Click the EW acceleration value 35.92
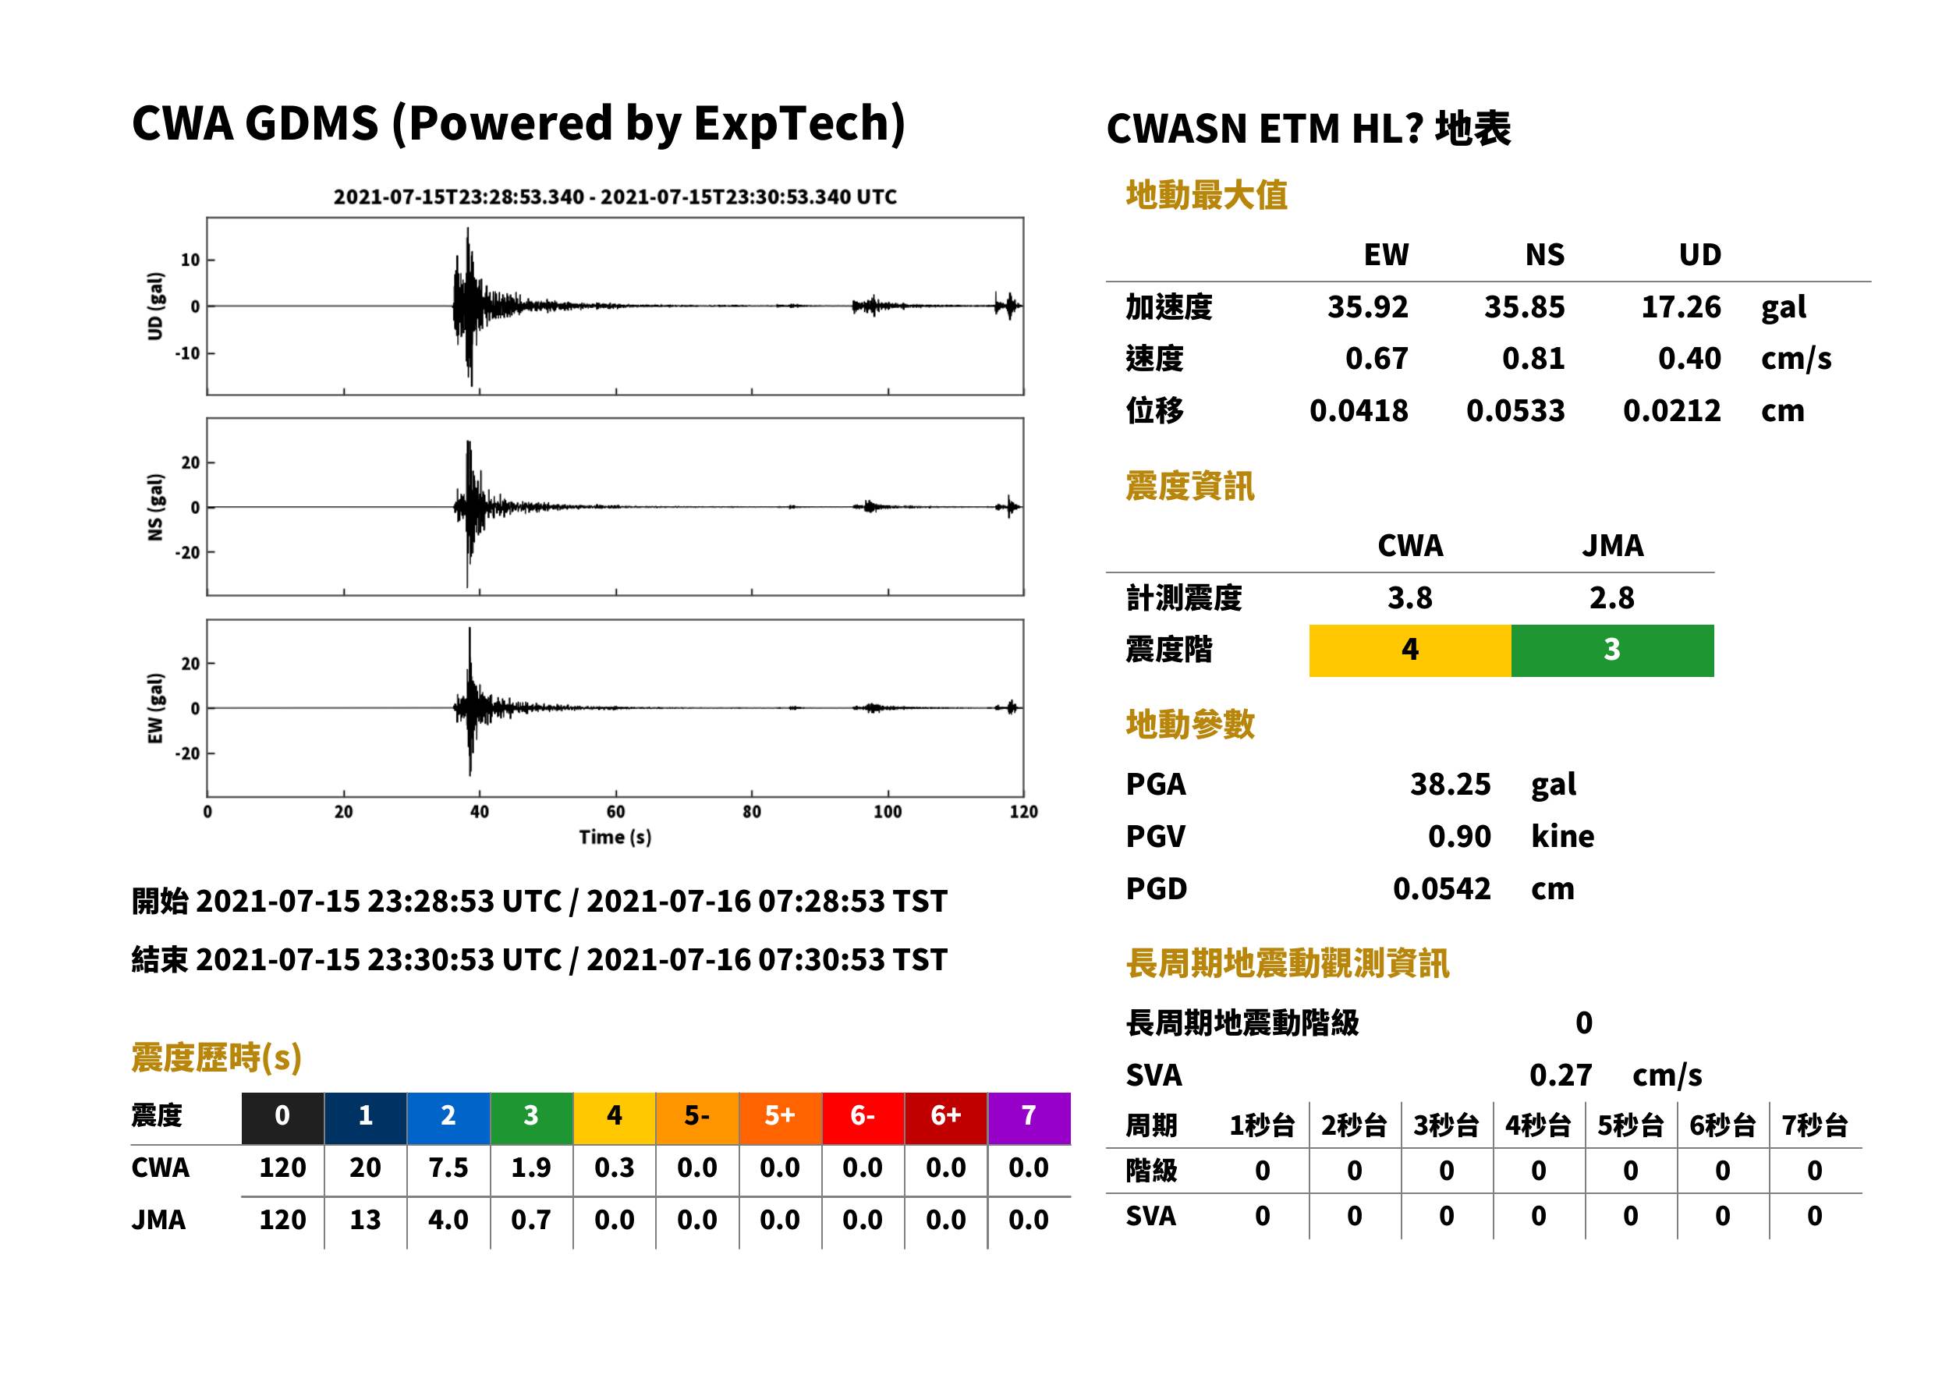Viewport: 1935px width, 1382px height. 1366,307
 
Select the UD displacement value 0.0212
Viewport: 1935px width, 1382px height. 1671,411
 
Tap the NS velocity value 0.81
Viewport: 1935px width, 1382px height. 1533,359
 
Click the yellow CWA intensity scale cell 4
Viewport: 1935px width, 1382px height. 1410,650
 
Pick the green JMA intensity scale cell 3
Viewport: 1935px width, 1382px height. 1613,650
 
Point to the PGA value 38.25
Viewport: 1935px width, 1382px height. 1450,784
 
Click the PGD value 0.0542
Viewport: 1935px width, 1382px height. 1441,888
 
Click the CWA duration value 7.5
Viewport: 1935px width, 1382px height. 448,1168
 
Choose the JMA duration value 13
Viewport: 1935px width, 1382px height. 365,1220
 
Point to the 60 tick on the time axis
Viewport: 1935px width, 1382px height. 615,812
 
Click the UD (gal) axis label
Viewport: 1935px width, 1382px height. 155,307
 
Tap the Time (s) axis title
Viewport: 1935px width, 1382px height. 615,838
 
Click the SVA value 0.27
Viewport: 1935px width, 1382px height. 1560,1075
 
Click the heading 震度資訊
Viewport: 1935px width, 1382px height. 1189,487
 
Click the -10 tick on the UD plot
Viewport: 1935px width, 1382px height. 186,353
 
